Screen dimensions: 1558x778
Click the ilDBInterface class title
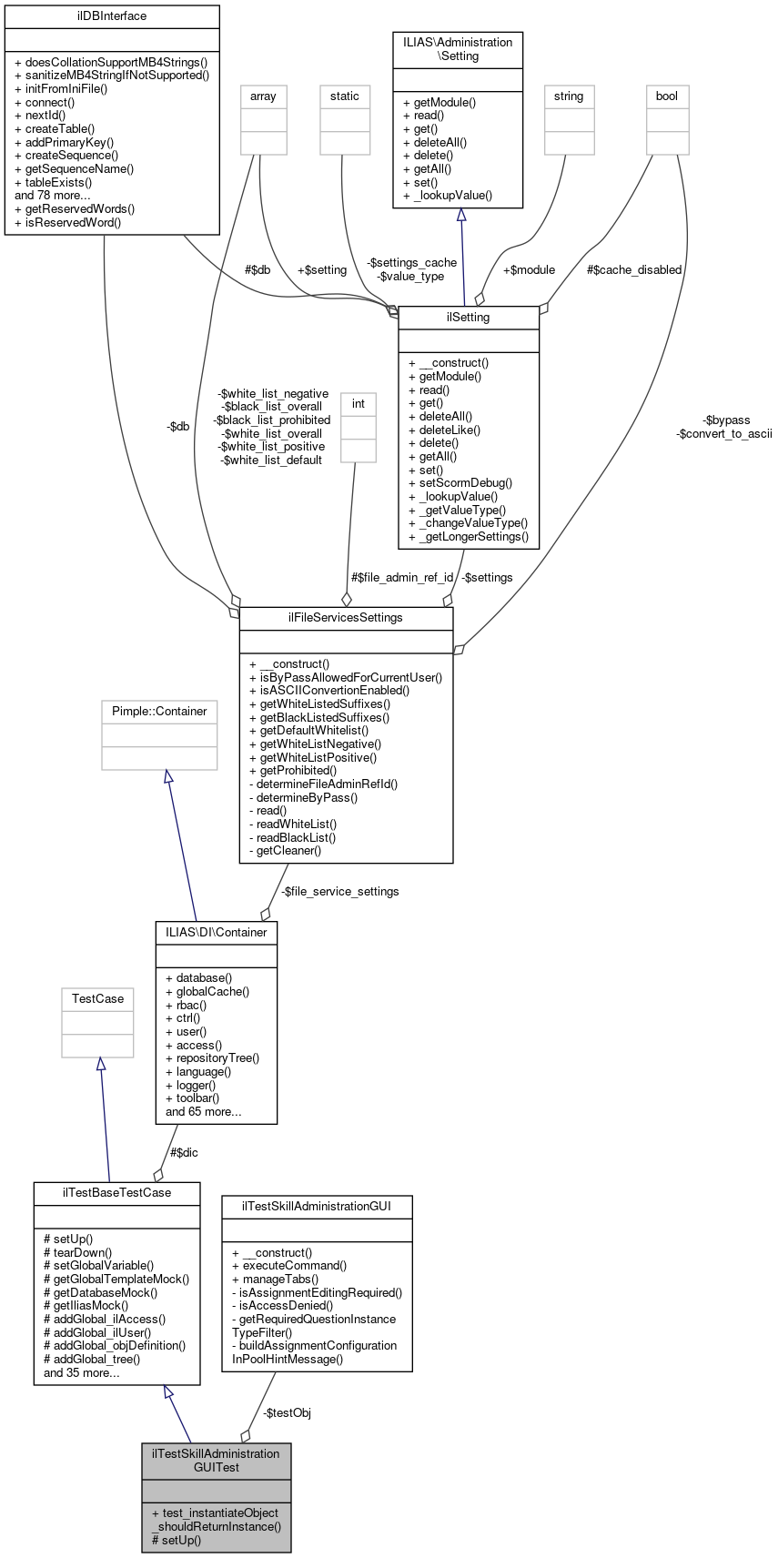pos(112,16)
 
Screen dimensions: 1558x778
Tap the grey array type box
pos(263,96)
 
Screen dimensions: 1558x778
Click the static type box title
pos(345,96)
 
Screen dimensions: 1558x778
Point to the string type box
pos(569,96)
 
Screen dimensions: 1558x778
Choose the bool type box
pos(667,96)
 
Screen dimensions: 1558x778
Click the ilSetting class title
pos(469,318)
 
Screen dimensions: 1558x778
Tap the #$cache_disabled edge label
pos(634,269)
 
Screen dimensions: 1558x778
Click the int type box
pos(359,403)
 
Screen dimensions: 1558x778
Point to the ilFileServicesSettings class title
pos(346,618)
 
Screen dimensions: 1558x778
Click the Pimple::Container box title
pos(159,712)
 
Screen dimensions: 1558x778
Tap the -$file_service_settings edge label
pos(339,891)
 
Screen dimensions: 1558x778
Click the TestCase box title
pos(97,999)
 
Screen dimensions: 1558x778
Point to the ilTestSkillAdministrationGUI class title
pos(317,1206)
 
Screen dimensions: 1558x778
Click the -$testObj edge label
pos(287,1413)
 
